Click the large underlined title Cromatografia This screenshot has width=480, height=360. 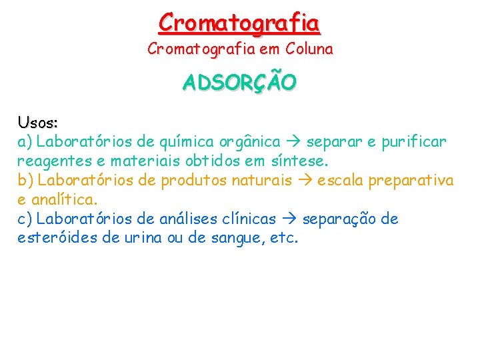click(239, 23)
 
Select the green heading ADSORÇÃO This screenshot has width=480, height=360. click(240, 83)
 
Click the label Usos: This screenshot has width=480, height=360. click(38, 123)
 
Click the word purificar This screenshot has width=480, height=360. click(417, 142)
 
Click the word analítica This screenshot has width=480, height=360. click(67, 199)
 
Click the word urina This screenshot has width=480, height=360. click(141, 238)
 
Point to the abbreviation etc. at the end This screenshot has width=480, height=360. click(282, 238)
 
